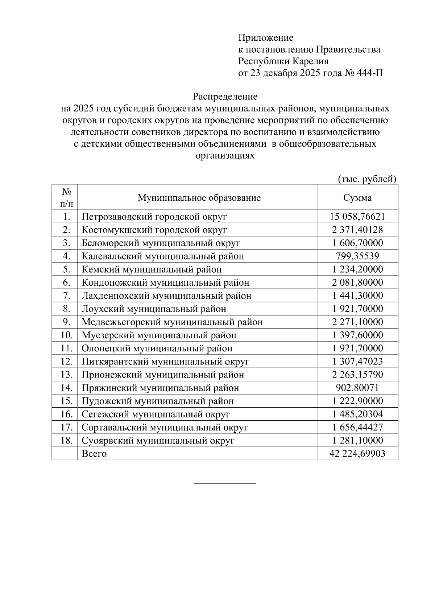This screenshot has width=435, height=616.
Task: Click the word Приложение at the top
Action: coord(266,38)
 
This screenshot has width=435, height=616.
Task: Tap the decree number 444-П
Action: coord(370,73)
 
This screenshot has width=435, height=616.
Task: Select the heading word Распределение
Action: coord(225,97)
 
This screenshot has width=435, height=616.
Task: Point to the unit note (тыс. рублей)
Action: coord(367,179)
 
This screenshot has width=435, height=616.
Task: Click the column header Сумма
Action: coord(357,198)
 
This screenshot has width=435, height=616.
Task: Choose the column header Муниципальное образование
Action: coord(199,198)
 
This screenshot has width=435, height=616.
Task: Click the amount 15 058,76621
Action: coord(357,217)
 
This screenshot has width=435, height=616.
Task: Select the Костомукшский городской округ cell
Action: coord(154,230)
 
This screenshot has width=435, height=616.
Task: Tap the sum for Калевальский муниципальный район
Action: coord(357,256)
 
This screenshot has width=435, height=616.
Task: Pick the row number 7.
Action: coord(66,296)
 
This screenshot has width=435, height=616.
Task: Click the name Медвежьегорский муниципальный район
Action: coord(172,322)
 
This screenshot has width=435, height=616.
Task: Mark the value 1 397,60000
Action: coord(357,335)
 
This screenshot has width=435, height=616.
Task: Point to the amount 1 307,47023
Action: coord(357,362)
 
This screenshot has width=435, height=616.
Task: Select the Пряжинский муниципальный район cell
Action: coord(160,388)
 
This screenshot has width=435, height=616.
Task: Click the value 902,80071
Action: coord(357,388)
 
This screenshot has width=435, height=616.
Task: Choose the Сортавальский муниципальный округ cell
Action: coord(165,428)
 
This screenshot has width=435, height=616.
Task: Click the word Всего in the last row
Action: coord(94,454)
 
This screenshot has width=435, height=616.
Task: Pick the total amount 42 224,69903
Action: coord(357,454)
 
